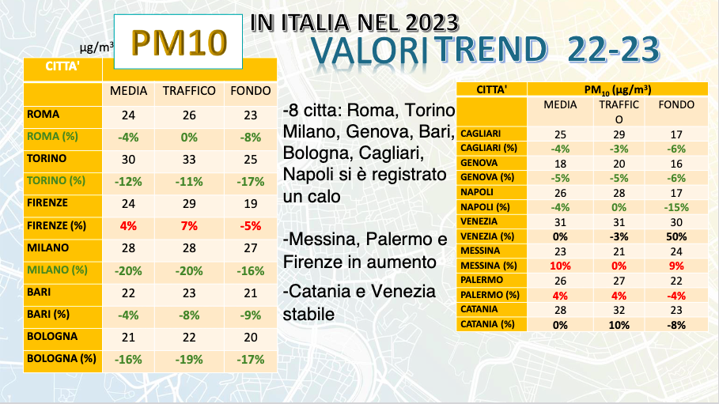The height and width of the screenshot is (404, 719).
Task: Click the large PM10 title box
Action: coord(179,42)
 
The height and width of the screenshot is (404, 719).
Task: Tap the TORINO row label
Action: coord(47,158)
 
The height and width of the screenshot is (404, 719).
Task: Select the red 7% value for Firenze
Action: coord(189,225)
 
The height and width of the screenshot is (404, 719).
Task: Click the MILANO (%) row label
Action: coord(57,270)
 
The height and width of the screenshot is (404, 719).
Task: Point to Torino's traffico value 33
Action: coord(189,159)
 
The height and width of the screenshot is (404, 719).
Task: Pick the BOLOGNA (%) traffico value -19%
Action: coord(189,358)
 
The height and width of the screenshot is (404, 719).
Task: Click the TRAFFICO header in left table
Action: coord(189,91)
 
